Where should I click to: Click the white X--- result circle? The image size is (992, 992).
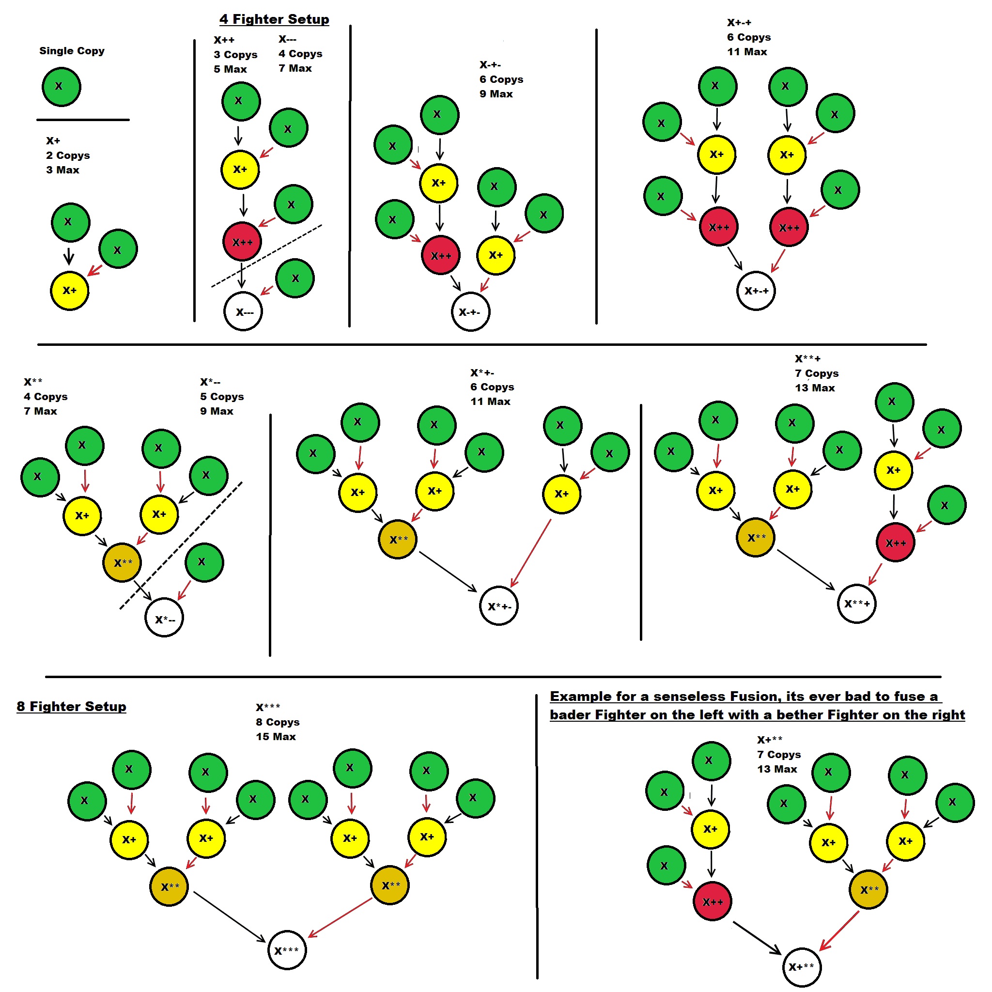click(243, 311)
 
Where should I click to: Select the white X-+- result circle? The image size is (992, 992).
click(470, 311)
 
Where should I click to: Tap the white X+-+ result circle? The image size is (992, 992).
click(756, 291)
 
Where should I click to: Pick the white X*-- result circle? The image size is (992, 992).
click(164, 618)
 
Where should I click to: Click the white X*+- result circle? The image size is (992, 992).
click(498, 606)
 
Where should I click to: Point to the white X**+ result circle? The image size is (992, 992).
click(856, 604)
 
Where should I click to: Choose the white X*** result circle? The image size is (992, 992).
click(287, 950)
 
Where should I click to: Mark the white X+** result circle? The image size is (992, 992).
click(802, 967)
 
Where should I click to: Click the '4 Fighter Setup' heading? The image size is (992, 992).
click(274, 19)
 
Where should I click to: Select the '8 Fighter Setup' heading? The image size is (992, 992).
click(71, 707)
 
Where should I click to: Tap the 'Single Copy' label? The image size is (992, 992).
click(72, 51)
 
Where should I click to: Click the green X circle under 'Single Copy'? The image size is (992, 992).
click(61, 86)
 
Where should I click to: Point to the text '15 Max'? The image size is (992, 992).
click(276, 736)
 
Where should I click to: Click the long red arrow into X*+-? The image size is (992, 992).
click(531, 553)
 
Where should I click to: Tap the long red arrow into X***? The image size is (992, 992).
click(340, 917)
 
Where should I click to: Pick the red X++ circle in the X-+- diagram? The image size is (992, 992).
click(441, 255)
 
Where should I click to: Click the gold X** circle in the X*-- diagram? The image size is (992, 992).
click(122, 563)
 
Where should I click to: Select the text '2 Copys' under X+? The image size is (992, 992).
click(68, 155)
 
